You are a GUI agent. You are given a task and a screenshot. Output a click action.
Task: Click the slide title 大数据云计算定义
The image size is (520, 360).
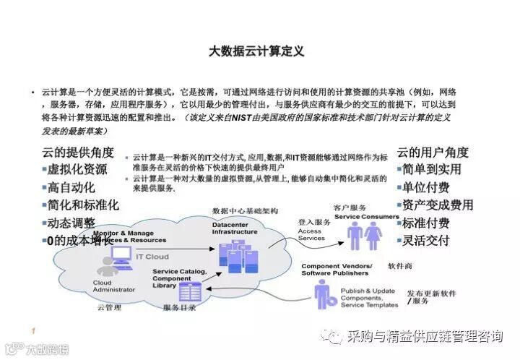pos(256,52)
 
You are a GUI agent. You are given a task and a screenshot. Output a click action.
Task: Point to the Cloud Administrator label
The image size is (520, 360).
pos(113,285)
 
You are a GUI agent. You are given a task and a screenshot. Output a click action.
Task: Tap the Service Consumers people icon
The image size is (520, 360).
pos(365,236)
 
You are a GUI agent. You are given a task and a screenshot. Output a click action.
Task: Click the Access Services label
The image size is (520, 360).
pos(311,234)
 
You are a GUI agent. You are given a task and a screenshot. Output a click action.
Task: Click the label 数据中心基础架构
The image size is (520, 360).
pos(244,210)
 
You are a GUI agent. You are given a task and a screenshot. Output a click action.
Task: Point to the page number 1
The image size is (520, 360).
pos(33,331)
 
